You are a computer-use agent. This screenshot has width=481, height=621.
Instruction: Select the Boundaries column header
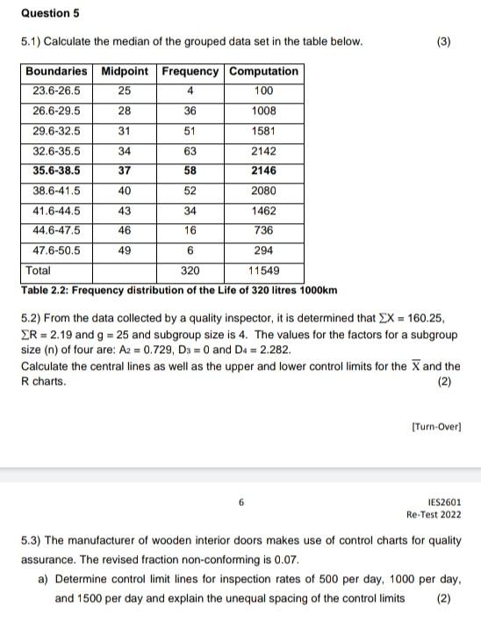56,71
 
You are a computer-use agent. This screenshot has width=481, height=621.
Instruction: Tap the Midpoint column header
125,71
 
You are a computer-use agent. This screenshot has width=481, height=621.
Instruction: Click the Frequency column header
190,71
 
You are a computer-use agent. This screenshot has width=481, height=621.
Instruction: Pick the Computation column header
263,71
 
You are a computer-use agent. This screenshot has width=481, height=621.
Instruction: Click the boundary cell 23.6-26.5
56,91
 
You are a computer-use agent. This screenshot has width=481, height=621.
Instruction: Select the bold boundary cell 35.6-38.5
56,171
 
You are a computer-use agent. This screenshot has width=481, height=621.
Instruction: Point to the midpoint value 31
125,131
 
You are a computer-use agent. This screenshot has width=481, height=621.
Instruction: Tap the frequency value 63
190,151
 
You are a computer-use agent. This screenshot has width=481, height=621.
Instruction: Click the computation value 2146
263,171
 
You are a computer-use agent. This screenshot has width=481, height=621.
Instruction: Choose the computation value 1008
263,112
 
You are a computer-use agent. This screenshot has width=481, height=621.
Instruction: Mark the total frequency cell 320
190,271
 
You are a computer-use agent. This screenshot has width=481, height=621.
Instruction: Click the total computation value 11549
263,271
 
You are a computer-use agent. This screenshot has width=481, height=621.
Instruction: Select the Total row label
39,271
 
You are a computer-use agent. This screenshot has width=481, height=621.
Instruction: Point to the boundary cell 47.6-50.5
56,250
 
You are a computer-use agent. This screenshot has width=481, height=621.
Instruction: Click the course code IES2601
445,502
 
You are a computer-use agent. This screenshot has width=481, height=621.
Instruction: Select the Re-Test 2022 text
433,515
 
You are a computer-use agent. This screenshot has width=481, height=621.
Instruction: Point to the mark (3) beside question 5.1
444,41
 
